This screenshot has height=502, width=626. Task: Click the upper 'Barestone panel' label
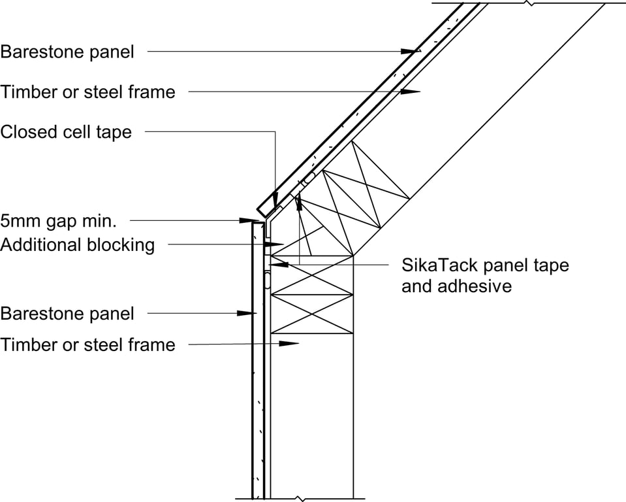click(67, 52)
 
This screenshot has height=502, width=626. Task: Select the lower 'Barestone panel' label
click(67, 313)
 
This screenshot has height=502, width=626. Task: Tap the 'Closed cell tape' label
click(66, 132)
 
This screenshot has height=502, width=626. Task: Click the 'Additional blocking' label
click(78, 245)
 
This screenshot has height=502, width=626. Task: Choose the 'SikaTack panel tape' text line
click(485, 265)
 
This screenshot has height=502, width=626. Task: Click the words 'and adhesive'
click(456, 286)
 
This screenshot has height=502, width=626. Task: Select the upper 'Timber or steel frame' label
click(88, 92)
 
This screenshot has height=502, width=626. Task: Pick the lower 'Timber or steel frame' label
click(88, 344)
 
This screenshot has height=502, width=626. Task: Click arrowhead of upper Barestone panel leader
click(412, 50)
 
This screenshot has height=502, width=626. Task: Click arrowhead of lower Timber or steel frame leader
click(290, 343)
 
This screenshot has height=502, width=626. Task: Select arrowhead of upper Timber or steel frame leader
click(411, 92)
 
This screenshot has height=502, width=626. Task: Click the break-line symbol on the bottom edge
click(299, 498)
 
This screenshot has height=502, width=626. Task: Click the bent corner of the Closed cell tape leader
click(275, 132)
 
